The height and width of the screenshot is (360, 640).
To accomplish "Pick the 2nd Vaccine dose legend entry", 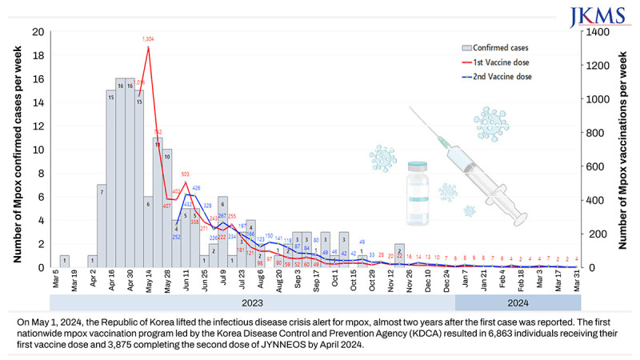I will pos(487,77).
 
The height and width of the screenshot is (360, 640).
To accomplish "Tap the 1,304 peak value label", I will pos(149,39).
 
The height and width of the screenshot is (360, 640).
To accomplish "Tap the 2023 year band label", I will pos(253,303).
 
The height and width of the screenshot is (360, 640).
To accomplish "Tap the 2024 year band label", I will pos(518,303).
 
